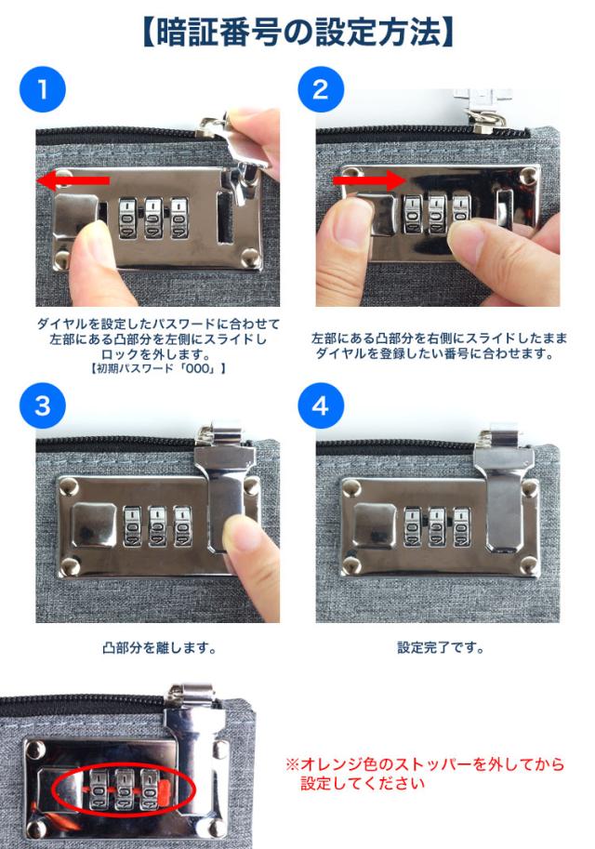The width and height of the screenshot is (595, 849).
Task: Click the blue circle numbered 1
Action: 42,89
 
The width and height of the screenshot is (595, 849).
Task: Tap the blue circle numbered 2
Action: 321,89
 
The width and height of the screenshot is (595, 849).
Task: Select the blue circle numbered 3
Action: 42,405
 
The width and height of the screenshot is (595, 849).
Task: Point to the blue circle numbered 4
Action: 321,405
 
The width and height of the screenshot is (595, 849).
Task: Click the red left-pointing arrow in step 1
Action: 73,180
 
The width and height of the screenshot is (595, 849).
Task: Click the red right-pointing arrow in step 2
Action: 369,179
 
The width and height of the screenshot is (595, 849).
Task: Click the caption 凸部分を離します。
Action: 159,647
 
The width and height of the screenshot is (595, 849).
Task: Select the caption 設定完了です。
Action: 440,647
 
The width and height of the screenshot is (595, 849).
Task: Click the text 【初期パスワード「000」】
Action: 157,369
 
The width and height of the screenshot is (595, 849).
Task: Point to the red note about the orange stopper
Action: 425,774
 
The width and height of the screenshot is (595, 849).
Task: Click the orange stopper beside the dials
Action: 164,789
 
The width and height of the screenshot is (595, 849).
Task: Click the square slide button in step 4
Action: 375,524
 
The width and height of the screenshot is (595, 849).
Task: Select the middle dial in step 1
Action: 153,219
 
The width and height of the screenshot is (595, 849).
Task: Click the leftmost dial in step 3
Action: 132,526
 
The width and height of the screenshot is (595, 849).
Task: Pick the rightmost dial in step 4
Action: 462,526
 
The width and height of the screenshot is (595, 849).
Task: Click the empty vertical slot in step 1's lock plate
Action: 225,217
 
